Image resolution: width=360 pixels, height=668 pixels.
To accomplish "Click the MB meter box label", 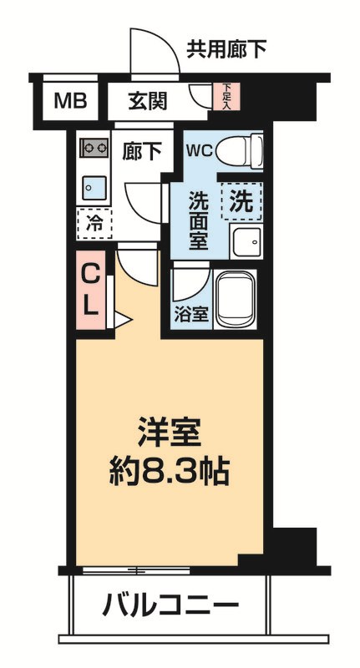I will click(x=71, y=101).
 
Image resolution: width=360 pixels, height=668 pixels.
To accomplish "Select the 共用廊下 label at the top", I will click(x=226, y=49).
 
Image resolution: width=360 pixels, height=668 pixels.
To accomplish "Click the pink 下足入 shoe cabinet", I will click(x=226, y=96).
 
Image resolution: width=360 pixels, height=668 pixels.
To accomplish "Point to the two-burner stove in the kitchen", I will click(x=93, y=149).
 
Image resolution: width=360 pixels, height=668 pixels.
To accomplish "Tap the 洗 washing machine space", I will click(x=241, y=201).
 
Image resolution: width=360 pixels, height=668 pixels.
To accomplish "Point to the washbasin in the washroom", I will click(x=246, y=241).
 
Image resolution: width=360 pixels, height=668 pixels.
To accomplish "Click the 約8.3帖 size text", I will click(x=170, y=473).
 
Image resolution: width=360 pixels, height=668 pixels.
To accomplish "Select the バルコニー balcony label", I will click(x=170, y=604).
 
